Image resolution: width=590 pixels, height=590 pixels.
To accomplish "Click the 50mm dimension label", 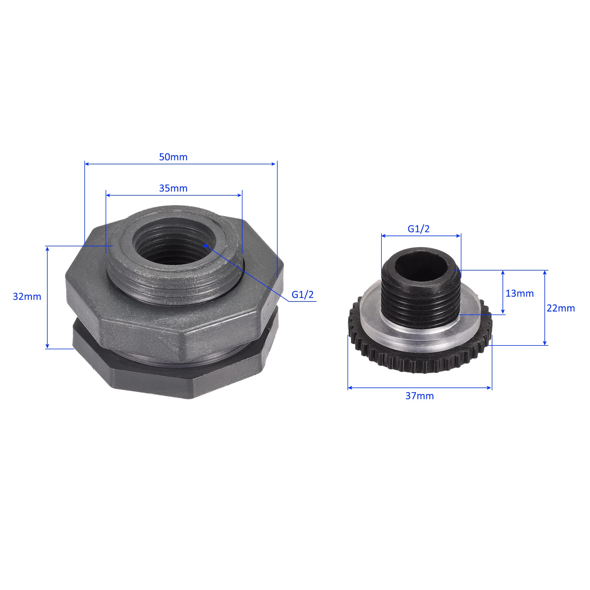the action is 173,157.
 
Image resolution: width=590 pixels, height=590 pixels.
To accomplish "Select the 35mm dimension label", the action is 173,189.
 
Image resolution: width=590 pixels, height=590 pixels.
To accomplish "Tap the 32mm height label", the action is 27,296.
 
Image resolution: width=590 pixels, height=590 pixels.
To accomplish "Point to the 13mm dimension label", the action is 520,294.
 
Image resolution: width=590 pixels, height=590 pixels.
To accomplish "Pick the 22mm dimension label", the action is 561,308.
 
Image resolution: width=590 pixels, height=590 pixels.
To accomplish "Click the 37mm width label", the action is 419,396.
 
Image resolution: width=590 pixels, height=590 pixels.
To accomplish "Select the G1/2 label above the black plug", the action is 419,229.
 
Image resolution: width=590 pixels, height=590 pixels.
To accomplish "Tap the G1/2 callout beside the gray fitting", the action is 303,294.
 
